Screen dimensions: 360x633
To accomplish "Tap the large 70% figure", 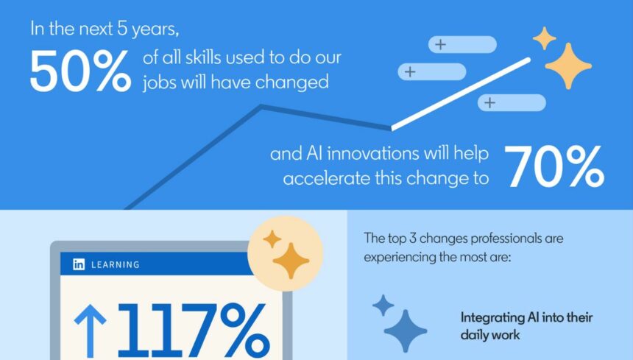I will (x=554, y=167).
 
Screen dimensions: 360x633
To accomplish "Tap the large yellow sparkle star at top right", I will (x=568, y=66).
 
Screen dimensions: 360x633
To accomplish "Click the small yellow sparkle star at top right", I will (x=544, y=38).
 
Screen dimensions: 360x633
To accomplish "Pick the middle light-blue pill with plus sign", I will (x=432, y=71).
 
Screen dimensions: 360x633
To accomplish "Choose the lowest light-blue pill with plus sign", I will (x=512, y=102).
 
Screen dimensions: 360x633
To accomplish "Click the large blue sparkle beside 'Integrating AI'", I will (x=405, y=331).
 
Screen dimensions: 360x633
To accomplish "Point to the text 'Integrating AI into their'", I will (x=526, y=318).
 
